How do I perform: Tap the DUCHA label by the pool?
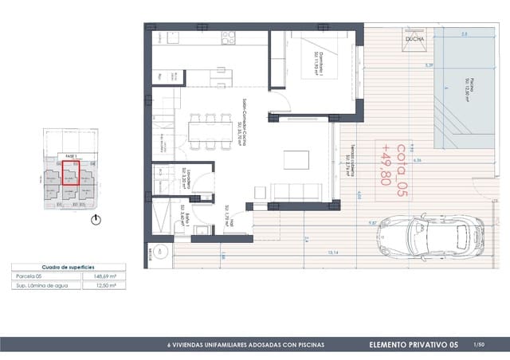tap(414, 38)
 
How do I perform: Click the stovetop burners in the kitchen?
tap(229, 37)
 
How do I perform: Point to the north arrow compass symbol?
tap(96, 219)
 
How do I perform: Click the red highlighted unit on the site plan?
tap(71, 174)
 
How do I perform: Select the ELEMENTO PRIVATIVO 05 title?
tap(415, 345)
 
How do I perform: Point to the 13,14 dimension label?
tap(333, 252)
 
